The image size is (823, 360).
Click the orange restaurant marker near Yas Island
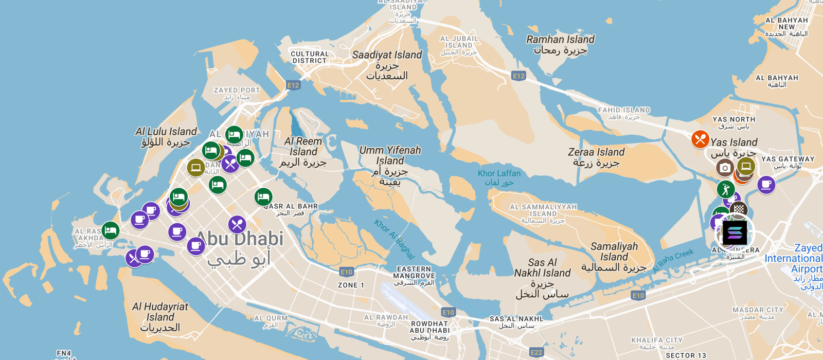(x=700, y=139)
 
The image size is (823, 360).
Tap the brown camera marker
(x=725, y=168)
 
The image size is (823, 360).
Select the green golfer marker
(x=726, y=189)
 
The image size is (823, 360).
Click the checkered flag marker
(x=739, y=209)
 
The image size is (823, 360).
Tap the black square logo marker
(x=735, y=233)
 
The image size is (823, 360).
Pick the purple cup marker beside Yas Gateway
(x=766, y=184)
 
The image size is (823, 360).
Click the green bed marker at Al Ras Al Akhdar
(x=111, y=230)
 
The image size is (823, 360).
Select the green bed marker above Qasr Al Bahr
(x=263, y=197)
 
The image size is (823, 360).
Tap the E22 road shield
(x=536, y=352)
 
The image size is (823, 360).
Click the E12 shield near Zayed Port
(x=293, y=85)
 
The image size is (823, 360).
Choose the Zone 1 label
(x=351, y=285)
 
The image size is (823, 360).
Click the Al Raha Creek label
(x=673, y=261)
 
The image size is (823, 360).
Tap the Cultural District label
(x=310, y=57)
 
